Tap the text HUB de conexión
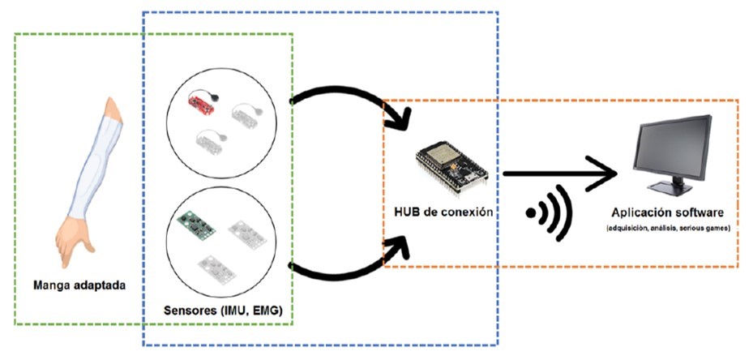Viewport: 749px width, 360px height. pos(443,213)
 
